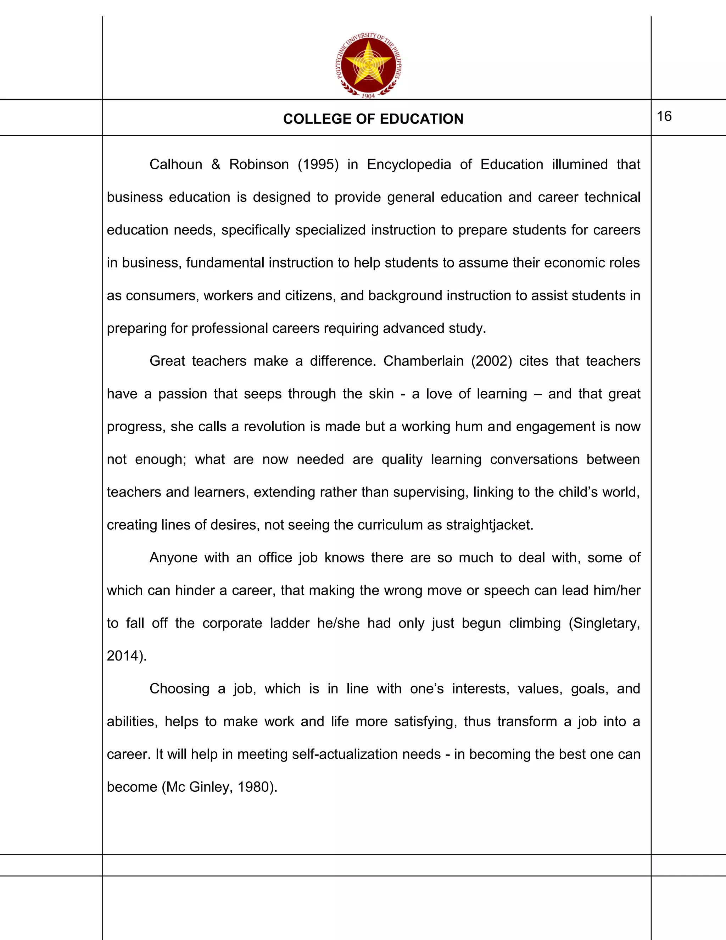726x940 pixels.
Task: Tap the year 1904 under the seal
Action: pyautogui.click(x=368, y=96)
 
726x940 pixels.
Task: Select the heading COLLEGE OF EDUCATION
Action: pyautogui.click(x=373, y=119)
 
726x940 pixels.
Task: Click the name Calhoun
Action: pyautogui.click(x=175, y=165)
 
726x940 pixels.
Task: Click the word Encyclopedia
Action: pyautogui.click(x=409, y=165)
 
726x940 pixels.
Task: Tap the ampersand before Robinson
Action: pyautogui.click(x=216, y=165)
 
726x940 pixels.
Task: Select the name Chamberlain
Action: pyautogui.click(x=423, y=361)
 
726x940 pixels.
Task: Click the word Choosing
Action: pyautogui.click(x=179, y=689)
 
